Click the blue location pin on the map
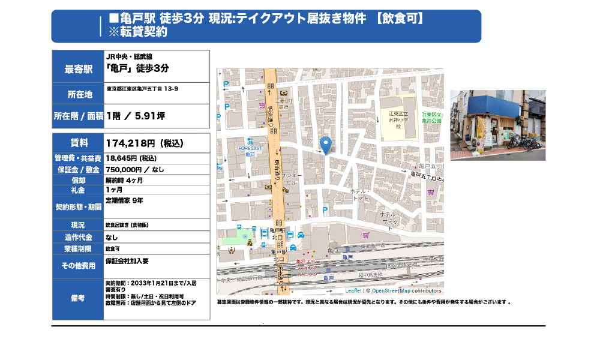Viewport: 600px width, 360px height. click(326, 145)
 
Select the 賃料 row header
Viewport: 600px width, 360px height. click(79, 143)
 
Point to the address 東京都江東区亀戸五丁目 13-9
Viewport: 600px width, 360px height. click(142, 89)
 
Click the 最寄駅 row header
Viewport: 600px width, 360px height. click(79, 69)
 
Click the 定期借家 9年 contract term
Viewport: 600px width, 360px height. click(124, 200)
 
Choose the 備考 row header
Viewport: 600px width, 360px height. click(79, 298)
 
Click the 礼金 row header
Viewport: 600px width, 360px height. click(79, 190)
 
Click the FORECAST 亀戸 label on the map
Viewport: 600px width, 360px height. click(250, 151)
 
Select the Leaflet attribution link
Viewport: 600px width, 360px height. click(353, 290)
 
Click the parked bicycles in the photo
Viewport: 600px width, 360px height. click(521, 142)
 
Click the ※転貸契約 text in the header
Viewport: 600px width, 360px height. click(138, 32)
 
